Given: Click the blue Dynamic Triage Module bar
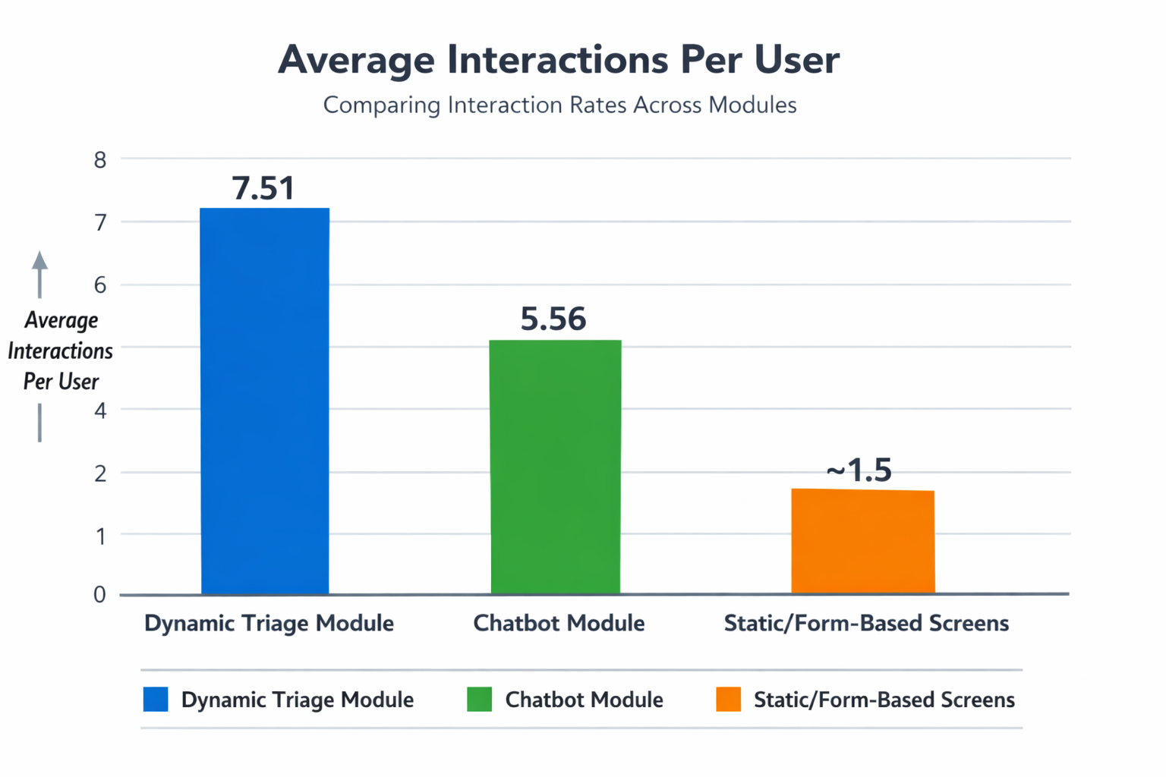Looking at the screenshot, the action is click(265, 401).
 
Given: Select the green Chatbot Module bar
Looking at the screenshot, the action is click(556, 467).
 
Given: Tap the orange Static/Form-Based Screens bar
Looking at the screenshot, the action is click(863, 541).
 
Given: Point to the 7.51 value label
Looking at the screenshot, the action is click(263, 188).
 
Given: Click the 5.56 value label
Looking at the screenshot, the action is click(553, 319).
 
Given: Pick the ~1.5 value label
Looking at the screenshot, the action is click(859, 470).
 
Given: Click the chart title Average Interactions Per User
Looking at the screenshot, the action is click(559, 61).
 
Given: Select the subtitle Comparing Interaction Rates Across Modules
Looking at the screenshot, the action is click(560, 105).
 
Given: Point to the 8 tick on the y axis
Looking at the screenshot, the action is click(100, 160).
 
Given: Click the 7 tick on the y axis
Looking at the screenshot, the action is click(100, 223).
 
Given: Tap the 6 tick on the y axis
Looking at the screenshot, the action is click(100, 285).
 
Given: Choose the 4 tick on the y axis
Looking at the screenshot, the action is click(100, 411).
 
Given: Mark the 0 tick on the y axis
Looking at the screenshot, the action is click(99, 594).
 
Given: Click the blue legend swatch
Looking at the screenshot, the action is click(156, 699).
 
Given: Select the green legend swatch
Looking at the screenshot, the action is click(480, 699).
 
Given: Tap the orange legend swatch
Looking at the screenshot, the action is click(729, 699).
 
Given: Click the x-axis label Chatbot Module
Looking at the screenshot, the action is click(559, 624).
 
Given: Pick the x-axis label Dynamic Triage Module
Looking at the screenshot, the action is click(269, 624).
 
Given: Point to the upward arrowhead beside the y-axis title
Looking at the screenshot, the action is click(39, 260).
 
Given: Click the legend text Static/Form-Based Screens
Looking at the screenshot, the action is click(884, 700).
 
